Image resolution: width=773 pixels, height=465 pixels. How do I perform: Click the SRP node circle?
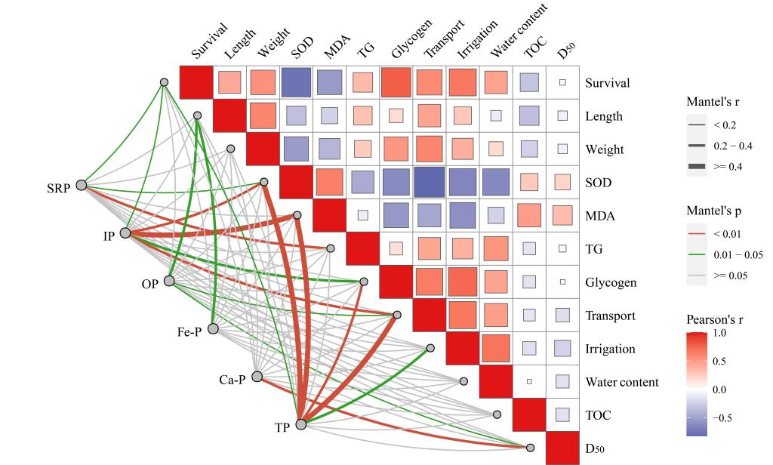82,184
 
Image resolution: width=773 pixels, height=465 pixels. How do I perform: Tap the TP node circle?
301,424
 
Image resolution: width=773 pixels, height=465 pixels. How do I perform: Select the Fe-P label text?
189,331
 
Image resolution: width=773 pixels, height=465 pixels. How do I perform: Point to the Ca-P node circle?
257,376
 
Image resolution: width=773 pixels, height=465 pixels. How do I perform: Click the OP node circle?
169,281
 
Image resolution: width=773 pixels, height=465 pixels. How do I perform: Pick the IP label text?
109,236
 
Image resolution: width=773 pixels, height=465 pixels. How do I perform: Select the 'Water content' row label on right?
621,382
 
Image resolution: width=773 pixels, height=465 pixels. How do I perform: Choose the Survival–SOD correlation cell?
296,82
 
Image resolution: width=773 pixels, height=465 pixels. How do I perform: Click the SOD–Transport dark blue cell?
429,182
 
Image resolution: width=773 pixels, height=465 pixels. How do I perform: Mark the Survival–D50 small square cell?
562,82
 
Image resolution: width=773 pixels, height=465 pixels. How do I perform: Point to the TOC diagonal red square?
528,414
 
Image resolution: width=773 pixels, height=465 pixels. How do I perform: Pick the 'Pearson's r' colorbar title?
715,320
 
